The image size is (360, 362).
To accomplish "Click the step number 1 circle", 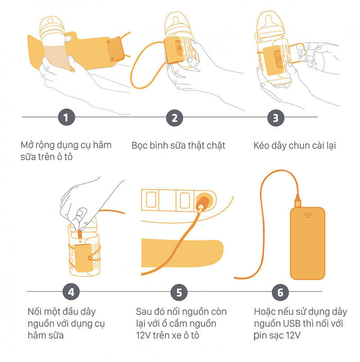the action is click(x=67, y=117).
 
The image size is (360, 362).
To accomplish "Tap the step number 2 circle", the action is click(x=175, y=118).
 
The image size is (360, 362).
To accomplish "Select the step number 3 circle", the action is click(x=276, y=118).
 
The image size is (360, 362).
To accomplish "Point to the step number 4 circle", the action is click(x=71, y=291).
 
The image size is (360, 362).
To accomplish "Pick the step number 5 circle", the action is click(x=179, y=292).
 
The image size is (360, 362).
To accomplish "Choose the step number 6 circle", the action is click(x=280, y=292).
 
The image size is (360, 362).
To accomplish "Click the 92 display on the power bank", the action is click(x=307, y=215).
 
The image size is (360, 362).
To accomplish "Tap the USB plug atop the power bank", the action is click(x=298, y=201).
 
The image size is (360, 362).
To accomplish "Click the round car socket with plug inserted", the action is click(x=203, y=201).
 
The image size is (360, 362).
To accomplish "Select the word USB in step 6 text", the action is click(x=292, y=323).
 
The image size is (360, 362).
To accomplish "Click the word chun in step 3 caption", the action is click(x=299, y=146).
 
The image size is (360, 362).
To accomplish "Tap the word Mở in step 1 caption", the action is click(x=27, y=145).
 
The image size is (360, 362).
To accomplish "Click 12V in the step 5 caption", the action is click(x=144, y=335).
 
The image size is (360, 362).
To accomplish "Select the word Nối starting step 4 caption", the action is click(x=35, y=312).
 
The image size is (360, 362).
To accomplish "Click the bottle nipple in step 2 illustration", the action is click(x=175, y=20).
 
